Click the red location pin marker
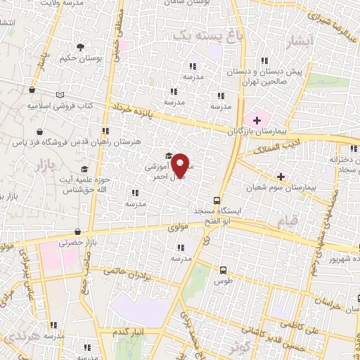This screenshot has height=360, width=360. pyautogui.click(x=181, y=165)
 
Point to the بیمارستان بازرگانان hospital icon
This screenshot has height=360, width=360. pyautogui.click(x=257, y=121)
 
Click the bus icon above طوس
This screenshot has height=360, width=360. pyautogui.click(x=224, y=270)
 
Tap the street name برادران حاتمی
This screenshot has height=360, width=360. pyautogui.click(x=127, y=270)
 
